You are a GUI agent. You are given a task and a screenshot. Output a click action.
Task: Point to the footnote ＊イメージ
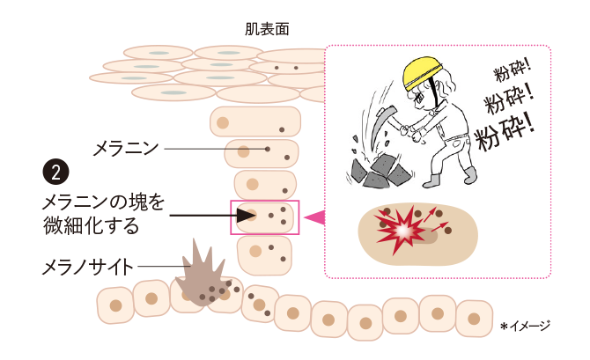click(525, 327)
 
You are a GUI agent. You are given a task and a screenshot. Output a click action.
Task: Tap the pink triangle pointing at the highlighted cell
click(313, 217)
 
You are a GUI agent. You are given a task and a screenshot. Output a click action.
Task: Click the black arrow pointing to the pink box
click(199, 214)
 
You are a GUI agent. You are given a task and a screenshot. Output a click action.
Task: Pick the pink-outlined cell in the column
click(265, 217)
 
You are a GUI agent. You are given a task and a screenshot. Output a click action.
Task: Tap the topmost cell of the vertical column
click(255, 121)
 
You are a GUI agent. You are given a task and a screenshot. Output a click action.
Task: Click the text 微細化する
click(91, 225)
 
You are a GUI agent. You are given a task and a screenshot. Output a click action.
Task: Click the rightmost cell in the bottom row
click(474, 318)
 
